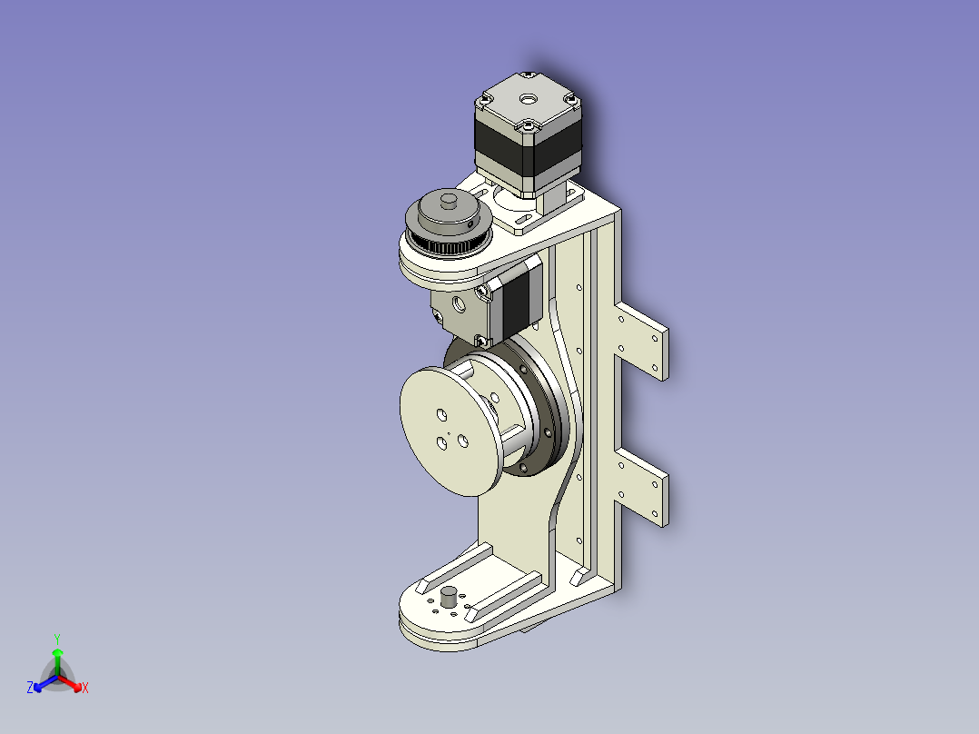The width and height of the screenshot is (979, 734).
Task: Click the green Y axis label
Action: [x=57, y=639]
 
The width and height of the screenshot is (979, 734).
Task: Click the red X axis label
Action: [x=85, y=688]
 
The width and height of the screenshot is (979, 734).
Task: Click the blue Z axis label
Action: [x=30, y=688]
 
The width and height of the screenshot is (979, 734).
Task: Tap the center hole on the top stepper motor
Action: [x=529, y=99]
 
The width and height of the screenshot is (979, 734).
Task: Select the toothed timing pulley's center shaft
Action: [x=449, y=201]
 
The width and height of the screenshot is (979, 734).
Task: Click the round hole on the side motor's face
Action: [x=460, y=305]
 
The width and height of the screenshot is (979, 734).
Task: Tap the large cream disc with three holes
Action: [x=450, y=431]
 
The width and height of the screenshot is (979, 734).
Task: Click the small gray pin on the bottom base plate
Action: [x=449, y=597]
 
